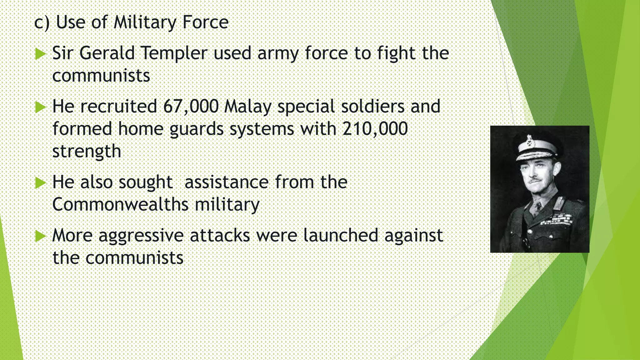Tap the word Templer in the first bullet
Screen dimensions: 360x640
pyautogui.click(x=174, y=53)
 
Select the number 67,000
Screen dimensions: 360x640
pyautogui.click(x=191, y=106)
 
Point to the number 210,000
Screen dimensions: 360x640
pyautogui.click(x=375, y=129)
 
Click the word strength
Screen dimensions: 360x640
pyautogui.click(x=87, y=152)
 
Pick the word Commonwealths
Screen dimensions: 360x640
pyautogui.click(x=120, y=204)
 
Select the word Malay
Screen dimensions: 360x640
pyautogui.click(x=248, y=107)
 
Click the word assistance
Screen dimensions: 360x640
pyautogui.click(x=227, y=182)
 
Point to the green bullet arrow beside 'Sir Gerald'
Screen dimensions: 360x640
pyautogui.click(x=40, y=54)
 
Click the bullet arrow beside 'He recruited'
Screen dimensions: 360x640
pyautogui.click(x=40, y=107)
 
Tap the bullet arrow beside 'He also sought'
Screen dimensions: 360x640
pyautogui.click(x=40, y=183)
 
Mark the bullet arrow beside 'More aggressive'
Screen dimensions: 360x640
pyautogui.click(x=40, y=236)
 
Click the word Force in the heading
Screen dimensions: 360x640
pyautogui.click(x=205, y=22)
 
